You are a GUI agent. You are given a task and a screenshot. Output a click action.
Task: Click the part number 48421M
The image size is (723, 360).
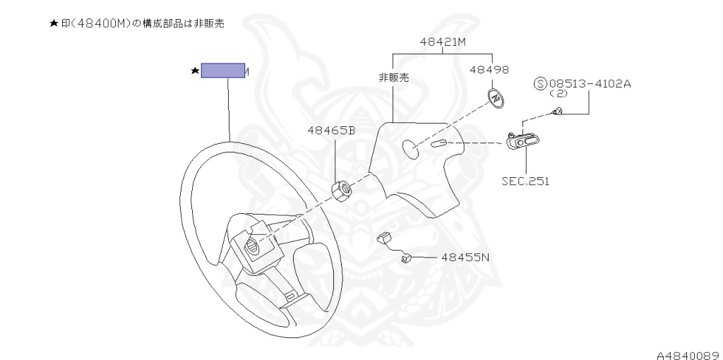pyautogui.click(x=443, y=42)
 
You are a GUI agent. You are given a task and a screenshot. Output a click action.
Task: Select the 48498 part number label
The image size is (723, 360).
pyautogui.click(x=489, y=70)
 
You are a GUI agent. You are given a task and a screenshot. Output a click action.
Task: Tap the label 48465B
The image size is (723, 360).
pyautogui.click(x=330, y=130)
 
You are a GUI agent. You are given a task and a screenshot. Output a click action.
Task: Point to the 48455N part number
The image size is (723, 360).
pyautogui.click(x=465, y=258)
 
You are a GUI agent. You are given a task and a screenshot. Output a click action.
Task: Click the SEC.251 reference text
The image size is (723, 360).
pyautogui.click(x=525, y=181)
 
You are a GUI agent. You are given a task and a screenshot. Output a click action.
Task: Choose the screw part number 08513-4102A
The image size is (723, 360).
pyautogui.click(x=590, y=83)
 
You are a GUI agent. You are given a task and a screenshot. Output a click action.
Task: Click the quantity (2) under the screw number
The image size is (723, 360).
pyautogui.click(x=558, y=93)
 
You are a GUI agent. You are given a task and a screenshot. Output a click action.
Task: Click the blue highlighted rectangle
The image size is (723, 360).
pyautogui.click(x=223, y=70)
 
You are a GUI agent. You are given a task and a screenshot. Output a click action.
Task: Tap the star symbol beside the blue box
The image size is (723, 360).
pyautogui.click(x=194, y=71)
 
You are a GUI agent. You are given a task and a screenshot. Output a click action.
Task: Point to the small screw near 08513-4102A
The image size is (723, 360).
pyautogui.click(x=557, y=111)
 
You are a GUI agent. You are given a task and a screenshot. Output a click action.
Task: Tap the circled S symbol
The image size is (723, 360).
pyautogui.click(x=542, y=84)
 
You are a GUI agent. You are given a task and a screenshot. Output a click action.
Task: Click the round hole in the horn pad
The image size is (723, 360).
pyautogui.click(x=410, y=148)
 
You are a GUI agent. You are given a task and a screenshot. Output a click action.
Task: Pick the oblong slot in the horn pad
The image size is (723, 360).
pyautogui.click(x=438, y=144)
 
